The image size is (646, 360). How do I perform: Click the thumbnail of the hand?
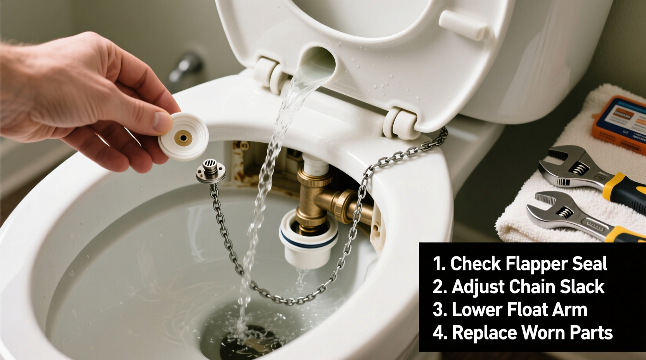click(x=162, y=121)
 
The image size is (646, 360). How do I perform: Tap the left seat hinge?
click(x=269, y=72)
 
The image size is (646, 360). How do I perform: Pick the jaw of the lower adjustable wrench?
click(x=545, y=206)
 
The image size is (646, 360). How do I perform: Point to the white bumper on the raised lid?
click(x=463, y=25)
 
